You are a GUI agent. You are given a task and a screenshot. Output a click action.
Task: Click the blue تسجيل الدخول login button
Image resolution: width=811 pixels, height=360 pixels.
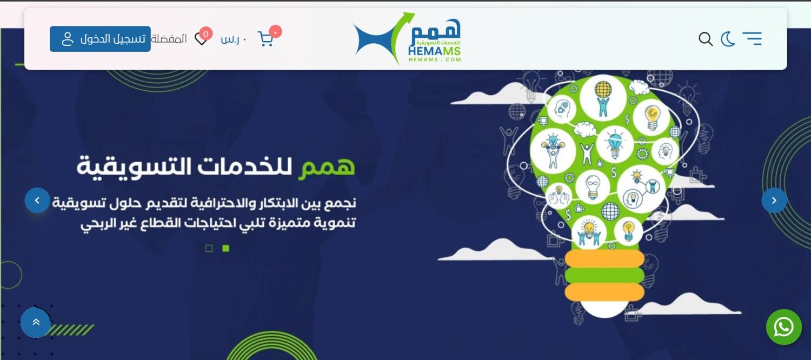pos(100,39)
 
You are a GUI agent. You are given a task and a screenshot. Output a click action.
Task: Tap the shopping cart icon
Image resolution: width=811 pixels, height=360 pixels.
pos(265,39)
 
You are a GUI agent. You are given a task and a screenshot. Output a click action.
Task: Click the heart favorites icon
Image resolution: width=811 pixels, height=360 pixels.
pos(201,39)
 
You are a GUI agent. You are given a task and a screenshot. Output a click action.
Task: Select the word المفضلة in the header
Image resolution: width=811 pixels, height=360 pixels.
pos(169,38)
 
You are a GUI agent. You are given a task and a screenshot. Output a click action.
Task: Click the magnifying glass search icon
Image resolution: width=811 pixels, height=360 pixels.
pos(706,39)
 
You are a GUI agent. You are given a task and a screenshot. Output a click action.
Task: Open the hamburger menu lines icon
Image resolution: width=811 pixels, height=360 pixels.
pos(752,39)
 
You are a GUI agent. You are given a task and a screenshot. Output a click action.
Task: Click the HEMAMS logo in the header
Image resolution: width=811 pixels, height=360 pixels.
pos(407,38)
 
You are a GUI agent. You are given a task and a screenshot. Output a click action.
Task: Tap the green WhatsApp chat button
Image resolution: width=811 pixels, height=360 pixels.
pos(784,327)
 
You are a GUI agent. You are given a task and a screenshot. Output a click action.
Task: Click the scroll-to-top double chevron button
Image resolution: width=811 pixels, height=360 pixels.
pos(36,322)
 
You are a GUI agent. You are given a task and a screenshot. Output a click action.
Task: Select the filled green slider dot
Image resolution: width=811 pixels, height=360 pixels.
pos(226,248)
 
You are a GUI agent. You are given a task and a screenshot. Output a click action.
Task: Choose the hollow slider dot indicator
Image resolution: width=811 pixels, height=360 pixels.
pos(209,248)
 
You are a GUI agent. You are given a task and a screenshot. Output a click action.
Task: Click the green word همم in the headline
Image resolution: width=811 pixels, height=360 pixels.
pos(327,167)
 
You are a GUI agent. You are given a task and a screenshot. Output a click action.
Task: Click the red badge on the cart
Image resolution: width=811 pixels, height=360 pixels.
pos(276,31)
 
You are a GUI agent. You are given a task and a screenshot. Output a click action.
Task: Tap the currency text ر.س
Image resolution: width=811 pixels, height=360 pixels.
pos(233,39)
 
